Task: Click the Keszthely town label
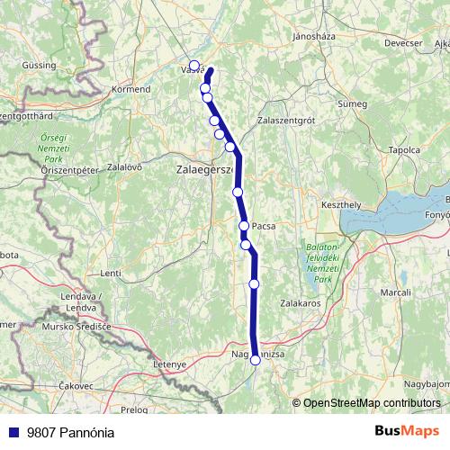pyautogui.click(x=340, y=205)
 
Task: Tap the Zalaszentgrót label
pyautogui.click(x=287, y=119)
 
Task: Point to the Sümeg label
pyautogui.click(x=352, y=104)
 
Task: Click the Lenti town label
pyautogui.click(x=111, y=273)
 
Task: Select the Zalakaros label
pyautogui.click(x=300, y=304)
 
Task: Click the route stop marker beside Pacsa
pyautogui.click(x=244, y=226)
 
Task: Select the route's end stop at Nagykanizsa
pyautogui.click(x=256, y=359)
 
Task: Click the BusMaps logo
pyautogui.click(x=408, y=430)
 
